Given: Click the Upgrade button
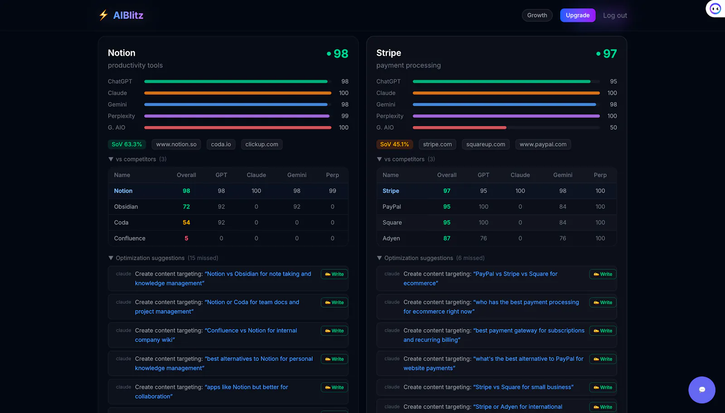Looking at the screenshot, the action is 577,15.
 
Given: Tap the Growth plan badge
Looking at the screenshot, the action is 537,15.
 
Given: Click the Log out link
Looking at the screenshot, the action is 614,15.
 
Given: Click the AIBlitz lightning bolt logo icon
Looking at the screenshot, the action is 103,15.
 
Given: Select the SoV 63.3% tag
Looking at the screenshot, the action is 126,144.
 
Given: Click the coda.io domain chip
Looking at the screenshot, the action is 221,144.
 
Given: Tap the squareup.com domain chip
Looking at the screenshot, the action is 485,144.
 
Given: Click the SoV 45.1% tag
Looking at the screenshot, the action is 394,144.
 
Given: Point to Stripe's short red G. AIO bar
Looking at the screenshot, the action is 459,128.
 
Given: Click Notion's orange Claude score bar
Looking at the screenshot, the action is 237,93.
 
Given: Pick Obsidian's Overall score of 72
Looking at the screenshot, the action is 186,207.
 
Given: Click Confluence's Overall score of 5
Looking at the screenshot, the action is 186,238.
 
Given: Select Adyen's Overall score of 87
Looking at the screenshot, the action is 447,238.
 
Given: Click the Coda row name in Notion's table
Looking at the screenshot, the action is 121,223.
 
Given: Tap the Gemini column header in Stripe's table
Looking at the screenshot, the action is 562,175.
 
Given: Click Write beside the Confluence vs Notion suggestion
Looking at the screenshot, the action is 334,331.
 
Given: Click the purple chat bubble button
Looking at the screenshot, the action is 702,390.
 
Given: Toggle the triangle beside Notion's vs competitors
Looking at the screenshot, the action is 111,159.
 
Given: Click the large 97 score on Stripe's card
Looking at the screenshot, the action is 610,54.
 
